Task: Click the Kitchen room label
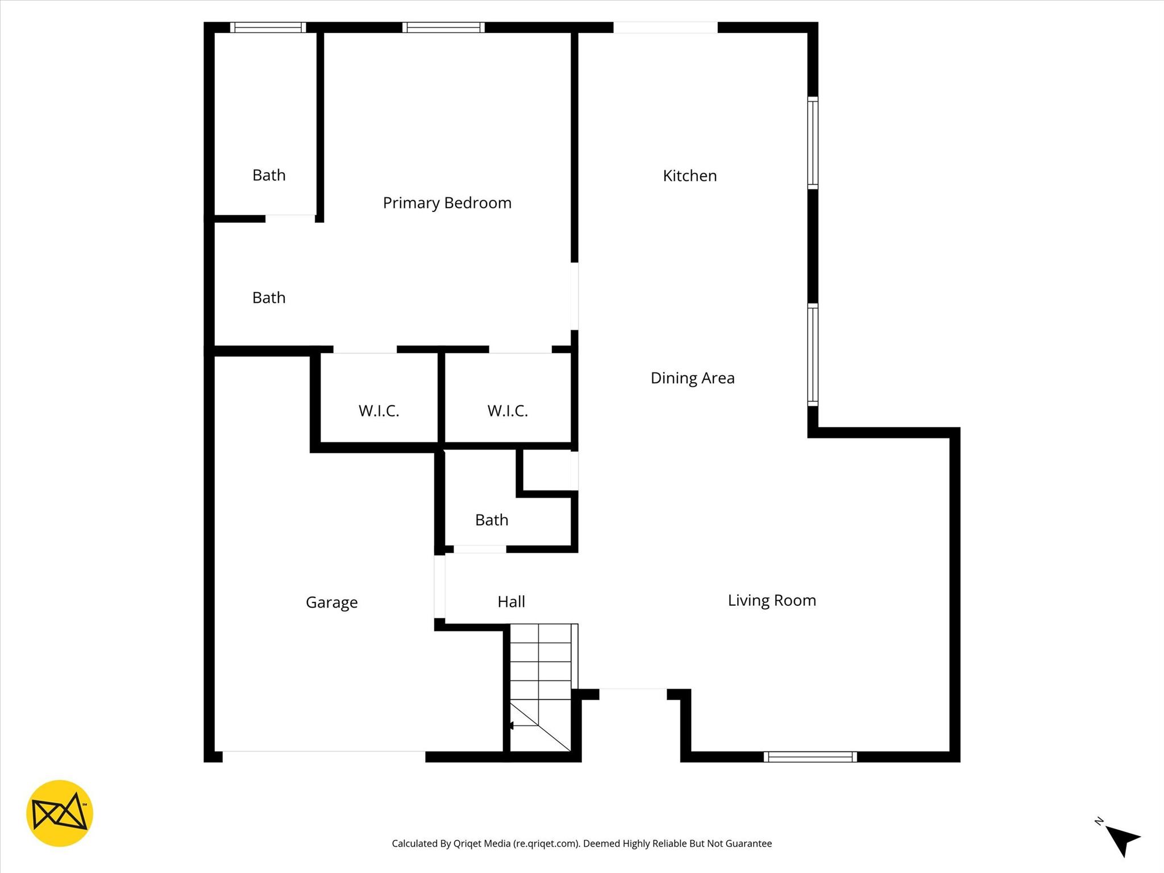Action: click(689, 176)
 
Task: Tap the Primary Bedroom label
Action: click(447, 203)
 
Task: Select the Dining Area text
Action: click(692, 378)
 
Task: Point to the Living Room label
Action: click(771, 600)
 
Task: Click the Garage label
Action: click(331, 602)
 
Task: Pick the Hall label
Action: click(511, 601)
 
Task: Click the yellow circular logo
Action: click(60, 813)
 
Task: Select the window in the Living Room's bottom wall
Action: click(810, 756)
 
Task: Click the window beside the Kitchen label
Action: click(813, 143)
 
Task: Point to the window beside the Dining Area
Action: click(813, 355)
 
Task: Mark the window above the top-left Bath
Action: click(268, 27)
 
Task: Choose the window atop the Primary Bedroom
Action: click(443, 27)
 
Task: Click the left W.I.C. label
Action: click(379, 410)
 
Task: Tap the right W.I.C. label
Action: click(508, 410)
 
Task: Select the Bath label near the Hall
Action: click(492, 519)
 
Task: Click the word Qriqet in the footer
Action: click(468, 843)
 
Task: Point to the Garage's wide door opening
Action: click(323, 756)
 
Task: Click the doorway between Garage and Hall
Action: click(439, 587)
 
